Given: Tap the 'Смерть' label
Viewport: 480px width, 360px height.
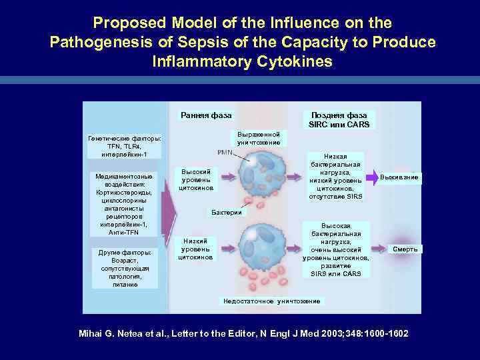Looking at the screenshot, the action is [x=405, y=249].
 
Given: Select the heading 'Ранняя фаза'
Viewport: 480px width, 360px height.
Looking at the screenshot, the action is [x=206, y=115].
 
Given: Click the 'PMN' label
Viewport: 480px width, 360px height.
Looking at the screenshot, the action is [x=225, y=153].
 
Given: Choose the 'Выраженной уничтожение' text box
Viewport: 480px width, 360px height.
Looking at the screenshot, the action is [x=259, y=138].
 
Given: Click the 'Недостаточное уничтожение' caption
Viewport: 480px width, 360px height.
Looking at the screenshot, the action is [x=271, y=301].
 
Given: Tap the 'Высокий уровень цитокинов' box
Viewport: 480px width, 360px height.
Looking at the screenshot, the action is [x=196, y=180].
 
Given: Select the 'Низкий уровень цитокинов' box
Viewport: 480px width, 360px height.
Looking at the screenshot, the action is [x=196, y=249].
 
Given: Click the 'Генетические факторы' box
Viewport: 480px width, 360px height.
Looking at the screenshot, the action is [x=125, y=146].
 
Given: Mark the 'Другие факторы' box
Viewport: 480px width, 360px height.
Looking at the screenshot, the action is [x=125, y=269].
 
